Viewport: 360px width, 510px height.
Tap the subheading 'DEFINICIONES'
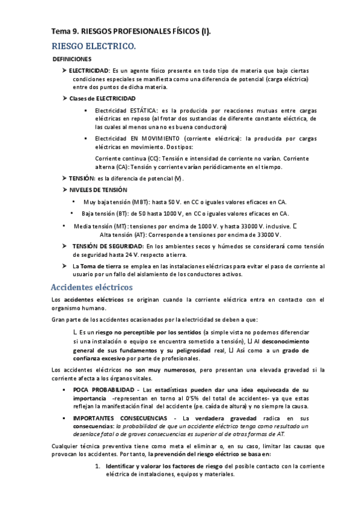pyautogui.click(x=72, y=60)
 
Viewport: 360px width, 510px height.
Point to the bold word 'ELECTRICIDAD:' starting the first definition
pyautogui.click(x=90, y=71)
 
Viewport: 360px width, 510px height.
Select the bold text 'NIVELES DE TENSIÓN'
pyautogui.click(x=98, y=190)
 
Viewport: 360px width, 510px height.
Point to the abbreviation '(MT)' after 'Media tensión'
pyautogui.click(x=130, y=226)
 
